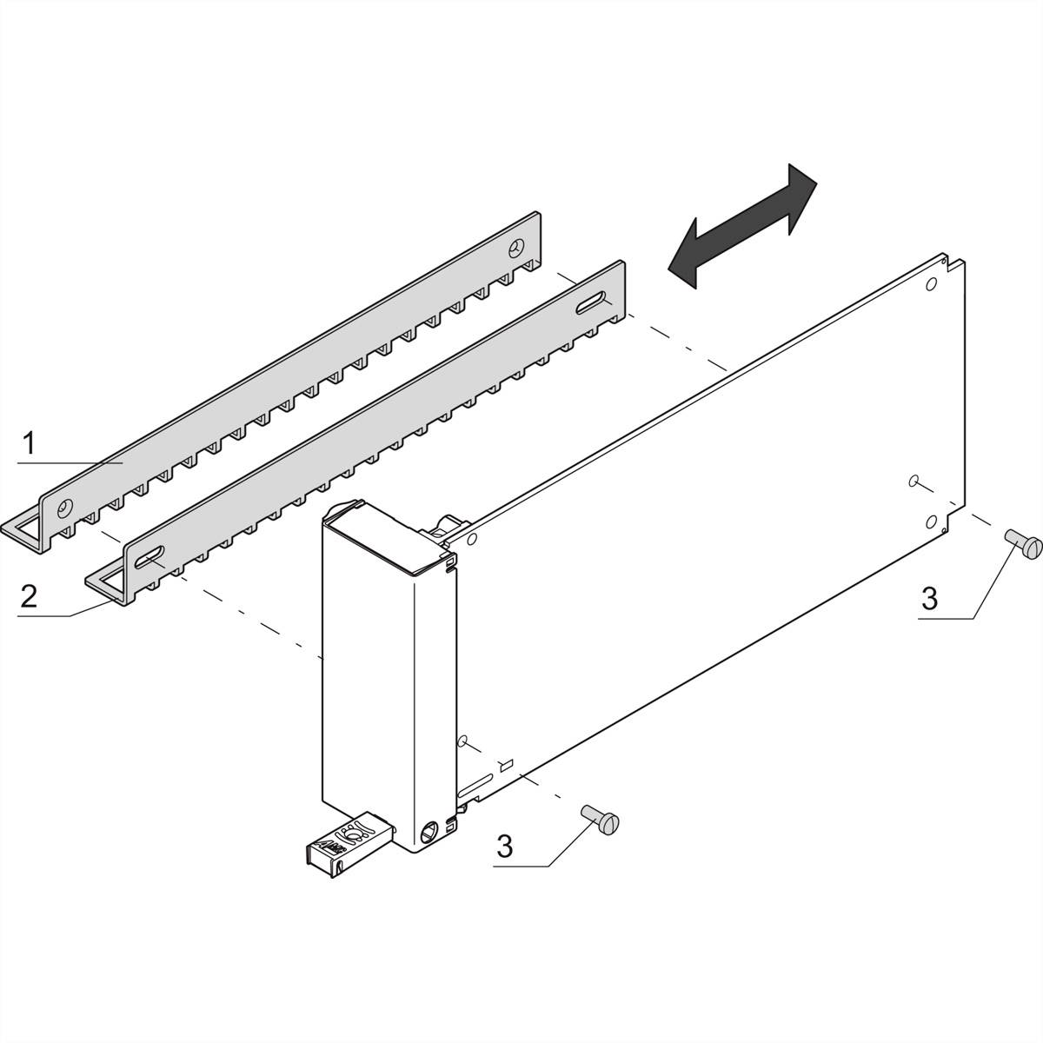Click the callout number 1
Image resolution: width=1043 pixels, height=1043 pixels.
[29, 445]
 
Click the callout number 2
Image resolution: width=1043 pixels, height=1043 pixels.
[29, 596]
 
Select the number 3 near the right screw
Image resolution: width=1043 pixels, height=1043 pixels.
[929, 598]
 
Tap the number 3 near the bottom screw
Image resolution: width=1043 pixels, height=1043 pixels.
[505, 847]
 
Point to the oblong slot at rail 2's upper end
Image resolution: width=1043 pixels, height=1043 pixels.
[592, 304]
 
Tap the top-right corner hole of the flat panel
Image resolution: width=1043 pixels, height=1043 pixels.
[930, 284]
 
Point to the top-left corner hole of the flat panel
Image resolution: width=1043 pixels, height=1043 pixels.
[471, 541]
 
